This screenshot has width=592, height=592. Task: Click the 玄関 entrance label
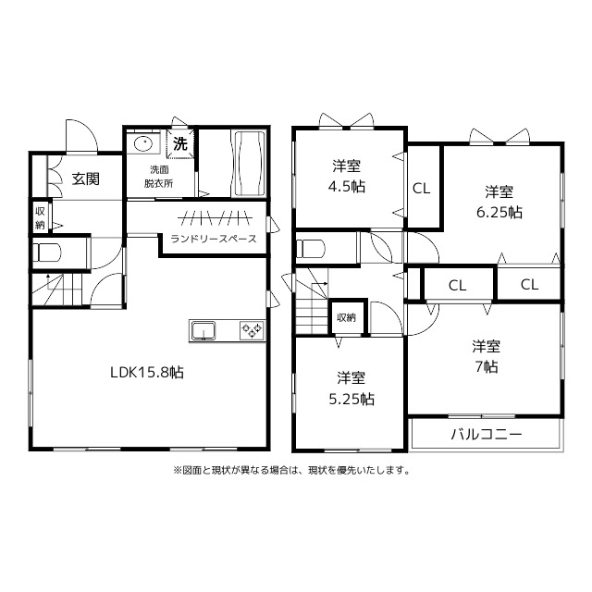[86, 179]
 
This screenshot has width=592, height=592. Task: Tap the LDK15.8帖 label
[147, 373]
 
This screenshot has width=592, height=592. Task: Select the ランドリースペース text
[214, 239]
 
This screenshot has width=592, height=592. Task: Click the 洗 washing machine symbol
[180, 143]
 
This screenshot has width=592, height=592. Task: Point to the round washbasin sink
[143, 143]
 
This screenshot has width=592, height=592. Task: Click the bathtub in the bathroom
[250, 163]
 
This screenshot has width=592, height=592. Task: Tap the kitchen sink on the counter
[203, 331]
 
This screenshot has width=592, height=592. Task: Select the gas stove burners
[252, 330]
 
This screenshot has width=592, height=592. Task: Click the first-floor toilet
[47, 253]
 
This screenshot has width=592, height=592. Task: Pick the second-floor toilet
[311, 249]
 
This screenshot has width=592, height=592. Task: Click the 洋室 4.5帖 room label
[346, 176]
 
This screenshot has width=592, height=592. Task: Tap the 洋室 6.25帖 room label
[499, 202]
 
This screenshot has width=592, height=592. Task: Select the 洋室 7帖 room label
[487, 356]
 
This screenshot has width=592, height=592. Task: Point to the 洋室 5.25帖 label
[351, 388]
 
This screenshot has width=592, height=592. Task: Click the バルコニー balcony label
[487, 435]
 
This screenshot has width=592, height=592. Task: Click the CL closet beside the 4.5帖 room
[422, 189]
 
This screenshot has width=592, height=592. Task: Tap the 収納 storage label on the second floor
[346, 317]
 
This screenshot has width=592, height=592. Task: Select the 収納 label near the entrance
[40, 218]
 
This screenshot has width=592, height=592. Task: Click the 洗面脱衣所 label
[158, 177]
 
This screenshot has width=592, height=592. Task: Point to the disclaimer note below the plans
[291, 471]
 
